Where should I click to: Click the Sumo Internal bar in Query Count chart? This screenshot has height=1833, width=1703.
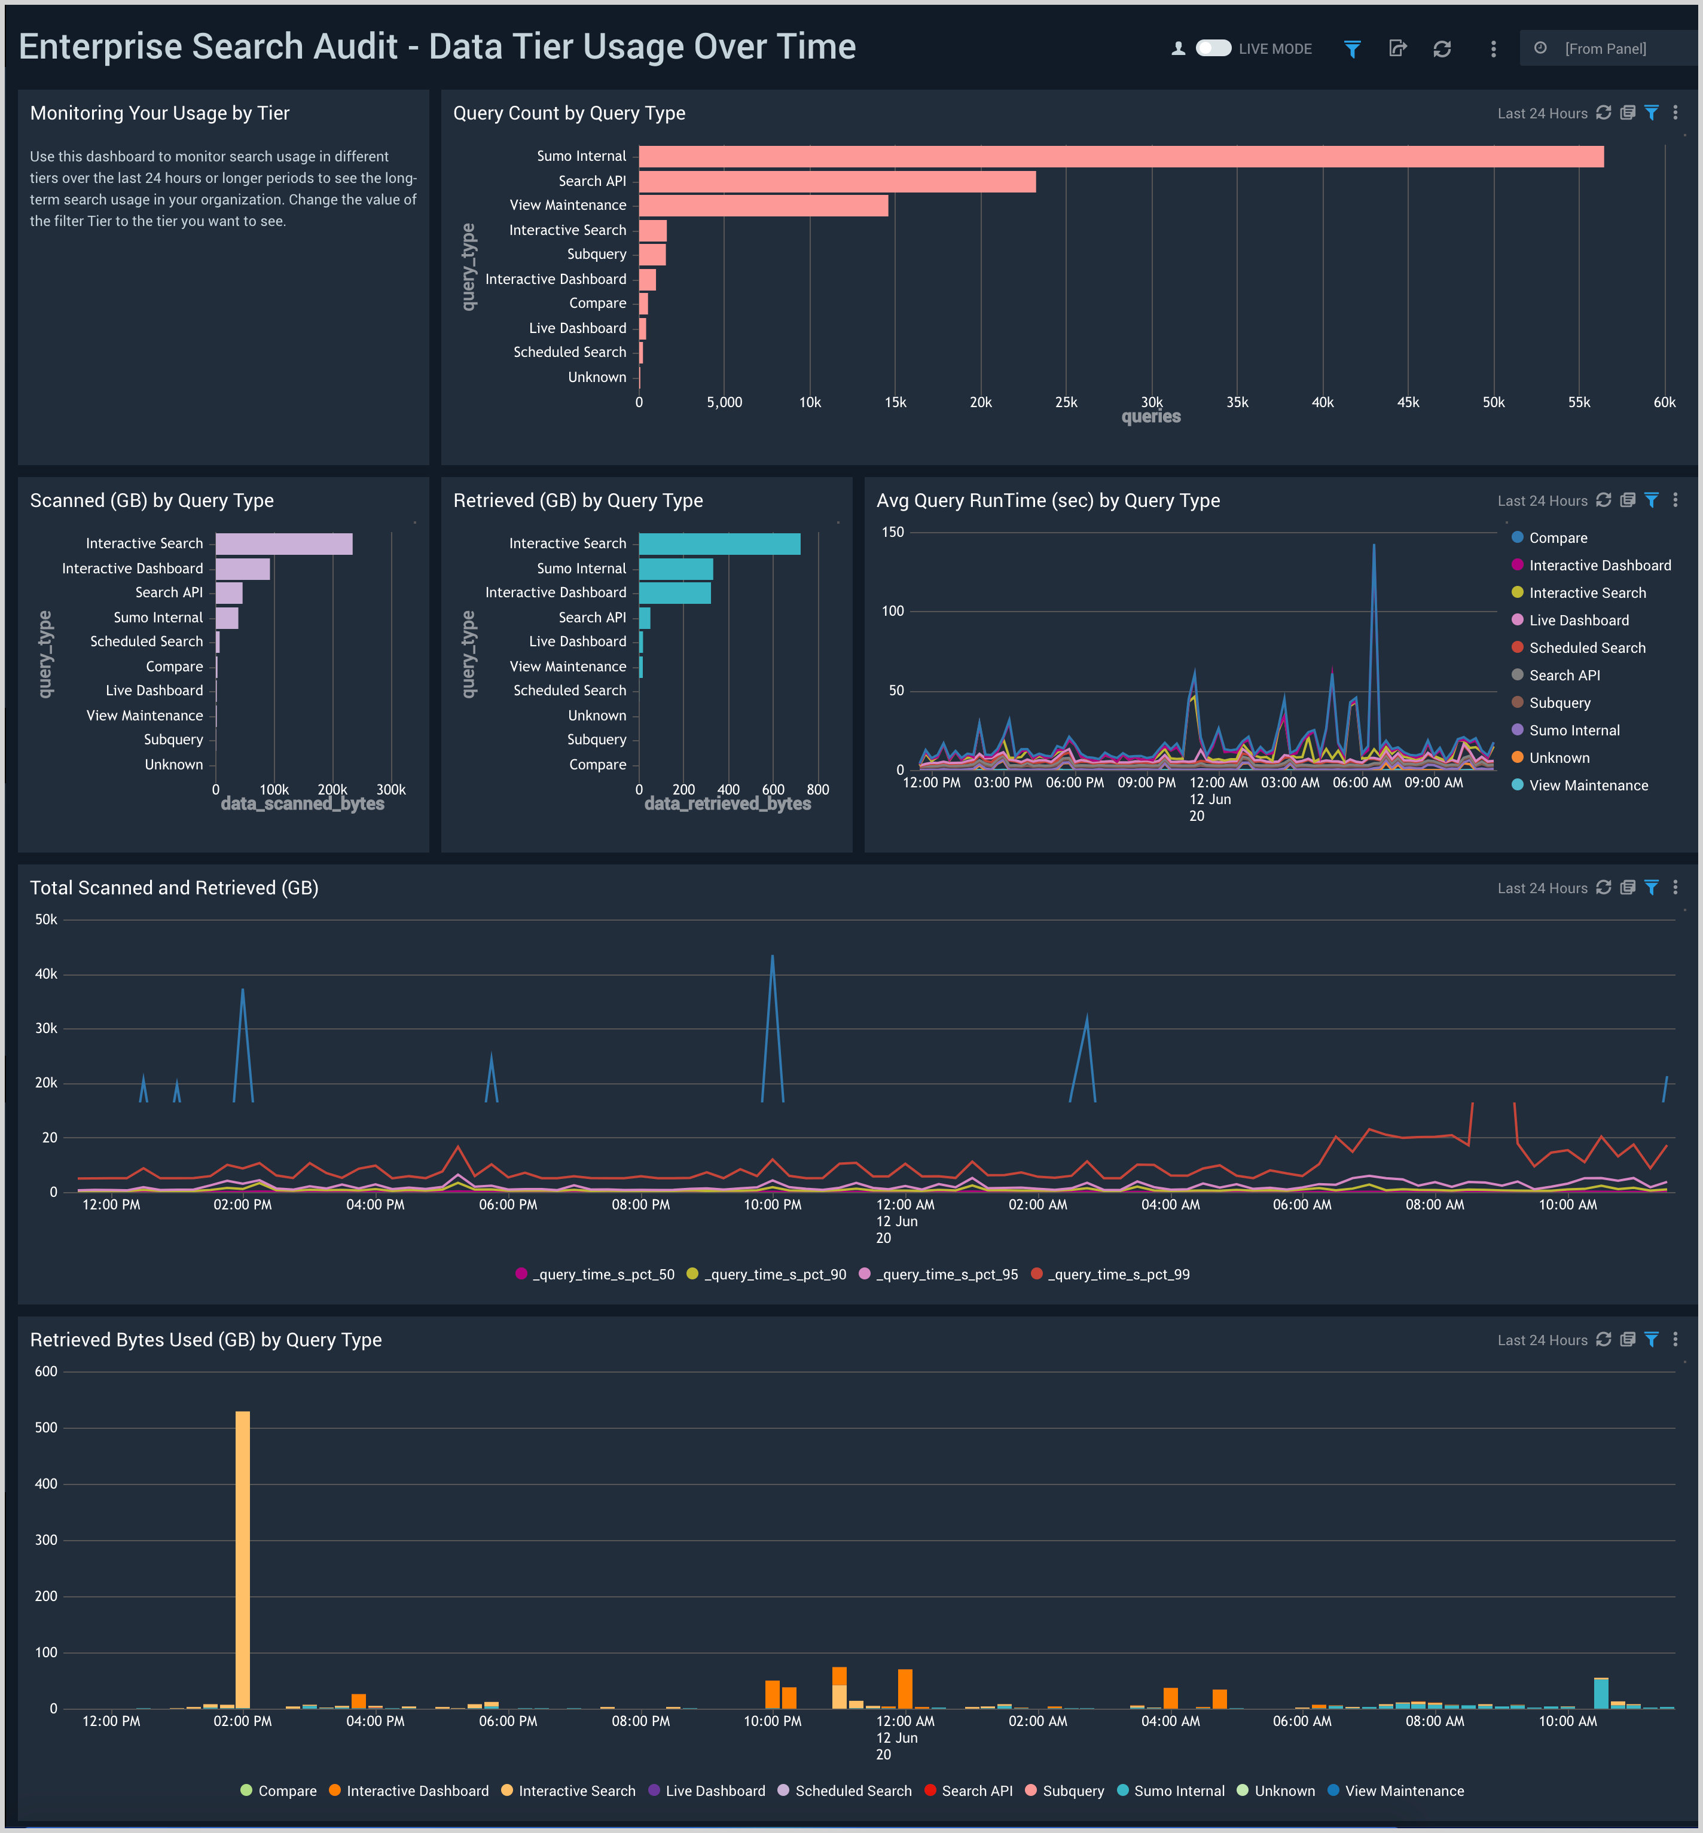[x=1121, y=157]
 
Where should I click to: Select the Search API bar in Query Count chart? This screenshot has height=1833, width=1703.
[x=837, y=182]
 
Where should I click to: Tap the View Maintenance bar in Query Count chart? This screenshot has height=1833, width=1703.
[x=763, y=206]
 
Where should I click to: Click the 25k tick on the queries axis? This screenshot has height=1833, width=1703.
[x=1066, y=403]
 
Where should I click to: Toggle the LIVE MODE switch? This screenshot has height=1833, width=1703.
[x=1213, y=48]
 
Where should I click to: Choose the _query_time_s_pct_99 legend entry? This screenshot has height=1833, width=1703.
[x=1118, y=1275]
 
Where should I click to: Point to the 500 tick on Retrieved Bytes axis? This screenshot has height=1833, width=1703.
[x=46, y=1428]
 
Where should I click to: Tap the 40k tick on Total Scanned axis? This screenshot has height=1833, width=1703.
[x=46, y=974]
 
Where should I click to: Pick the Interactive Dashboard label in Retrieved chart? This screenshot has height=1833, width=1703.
[x=556, y=592]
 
